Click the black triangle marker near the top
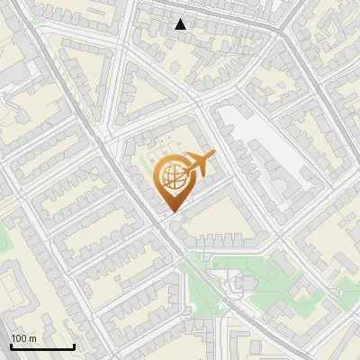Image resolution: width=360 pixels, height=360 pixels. click(181, 24)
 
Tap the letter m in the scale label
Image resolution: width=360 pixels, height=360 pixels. click(33, 338)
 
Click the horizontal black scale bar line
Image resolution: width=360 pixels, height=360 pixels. click(41, 347)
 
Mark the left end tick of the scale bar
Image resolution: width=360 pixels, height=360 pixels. click(10, 346)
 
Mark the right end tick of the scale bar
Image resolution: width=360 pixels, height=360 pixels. click(74, 346)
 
